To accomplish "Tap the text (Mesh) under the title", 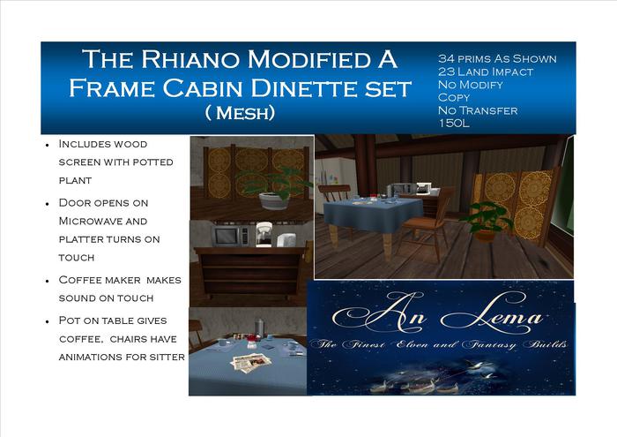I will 240,114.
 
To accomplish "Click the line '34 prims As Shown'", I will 497,58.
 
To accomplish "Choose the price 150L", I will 455,124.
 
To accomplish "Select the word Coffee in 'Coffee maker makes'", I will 79,280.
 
